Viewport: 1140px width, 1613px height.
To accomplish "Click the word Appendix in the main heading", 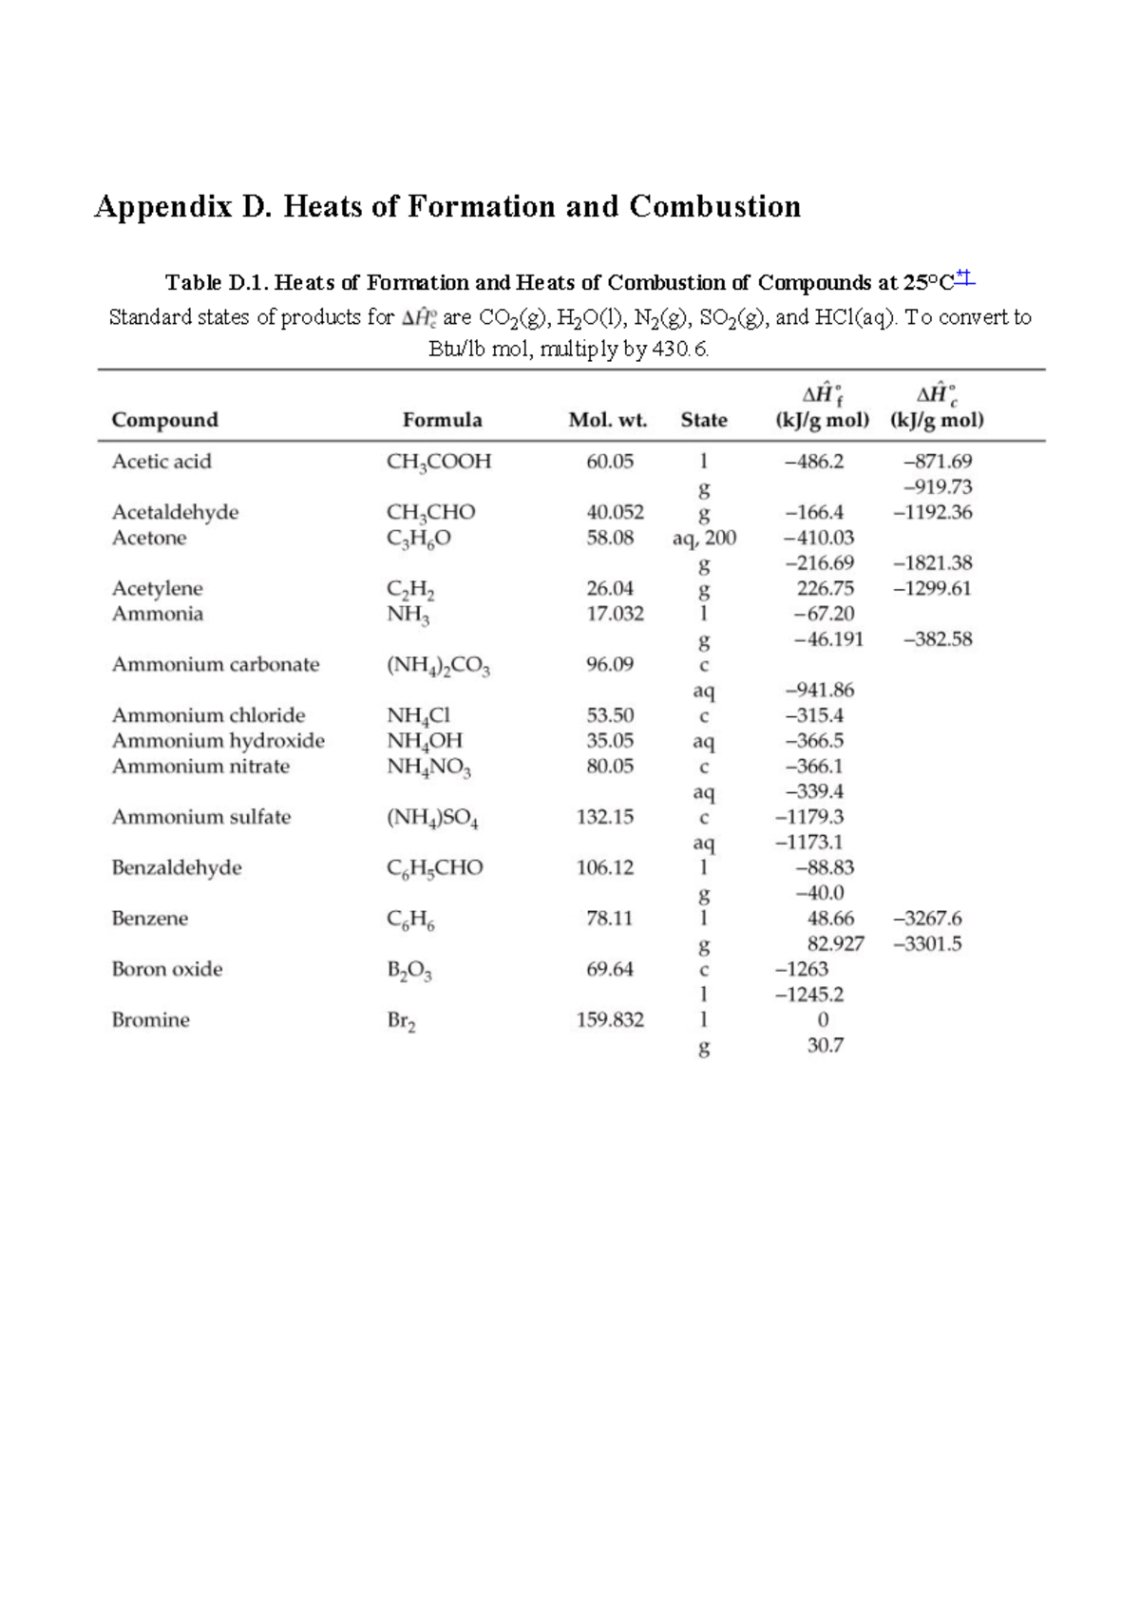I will [162, 207].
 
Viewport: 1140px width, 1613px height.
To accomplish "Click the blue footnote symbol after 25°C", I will [964, 278].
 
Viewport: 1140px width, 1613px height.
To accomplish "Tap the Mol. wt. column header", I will [607, 420].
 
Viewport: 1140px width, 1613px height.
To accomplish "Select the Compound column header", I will [164, 420].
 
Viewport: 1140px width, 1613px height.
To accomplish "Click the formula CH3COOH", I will [438, 462].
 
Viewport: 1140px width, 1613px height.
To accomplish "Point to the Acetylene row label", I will [157, 589].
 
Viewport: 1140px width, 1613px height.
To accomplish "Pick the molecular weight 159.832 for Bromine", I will [610, 1020].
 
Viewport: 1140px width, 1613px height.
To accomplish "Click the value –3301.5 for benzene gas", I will [927, 944].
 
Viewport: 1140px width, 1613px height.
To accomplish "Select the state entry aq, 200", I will [704, 539].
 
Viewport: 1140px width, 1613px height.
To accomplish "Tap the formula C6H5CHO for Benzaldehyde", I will [434, 868].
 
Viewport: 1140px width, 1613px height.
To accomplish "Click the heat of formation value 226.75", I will [825, 589].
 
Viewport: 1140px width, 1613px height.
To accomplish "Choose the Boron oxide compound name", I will [166, 970].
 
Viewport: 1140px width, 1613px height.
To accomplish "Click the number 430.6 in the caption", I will [679, 350].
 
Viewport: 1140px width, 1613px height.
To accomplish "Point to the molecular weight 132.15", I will [604, 817].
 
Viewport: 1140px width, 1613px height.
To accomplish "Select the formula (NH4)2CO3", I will [438, 666].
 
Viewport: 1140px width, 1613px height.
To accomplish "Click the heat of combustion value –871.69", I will [937, 462].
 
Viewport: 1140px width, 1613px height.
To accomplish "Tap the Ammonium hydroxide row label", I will [218, 741].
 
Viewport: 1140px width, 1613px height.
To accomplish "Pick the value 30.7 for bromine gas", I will [825, 1046].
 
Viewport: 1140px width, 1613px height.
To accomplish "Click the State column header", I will [704, 420].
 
